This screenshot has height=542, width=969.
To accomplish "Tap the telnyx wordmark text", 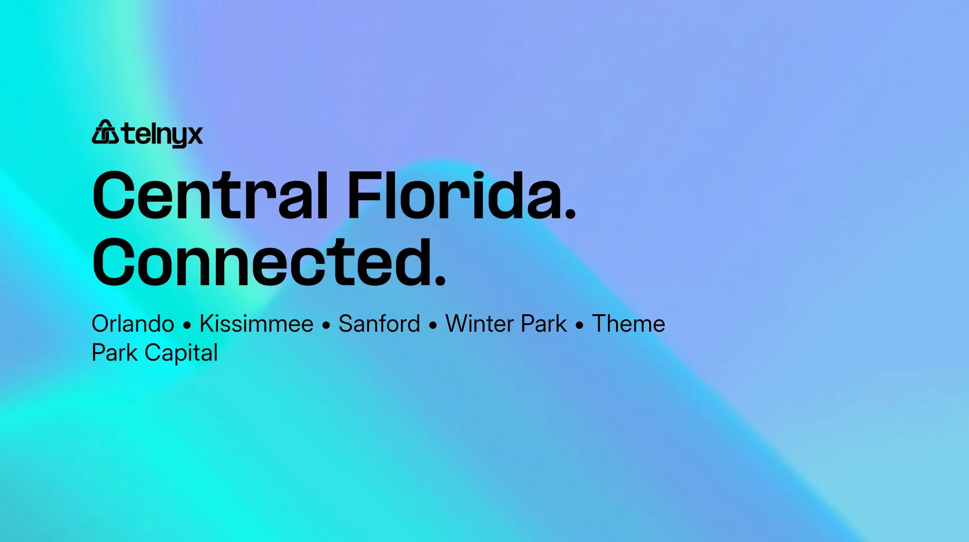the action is coord(162,134).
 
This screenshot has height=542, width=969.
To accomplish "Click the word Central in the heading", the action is coord(210,196).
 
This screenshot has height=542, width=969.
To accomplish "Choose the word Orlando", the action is coord(133,324).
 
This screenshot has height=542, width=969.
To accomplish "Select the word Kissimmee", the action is coord(256,324).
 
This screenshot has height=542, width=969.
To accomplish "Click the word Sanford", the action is coord(380,324).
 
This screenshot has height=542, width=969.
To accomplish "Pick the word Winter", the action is coord(479,324).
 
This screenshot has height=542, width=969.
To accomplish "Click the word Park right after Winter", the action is coord(544,324).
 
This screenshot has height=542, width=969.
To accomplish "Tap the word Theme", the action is coord(628,324).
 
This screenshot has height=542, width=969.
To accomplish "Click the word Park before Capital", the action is coord(114,353).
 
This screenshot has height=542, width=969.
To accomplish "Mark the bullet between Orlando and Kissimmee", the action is coord(187,326).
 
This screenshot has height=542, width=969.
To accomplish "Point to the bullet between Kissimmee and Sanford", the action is coord(326,326).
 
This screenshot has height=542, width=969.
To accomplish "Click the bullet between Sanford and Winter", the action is coord(433,326).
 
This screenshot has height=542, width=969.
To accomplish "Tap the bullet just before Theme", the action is coord(579,326).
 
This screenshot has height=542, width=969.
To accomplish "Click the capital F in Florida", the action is coord(365,196).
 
